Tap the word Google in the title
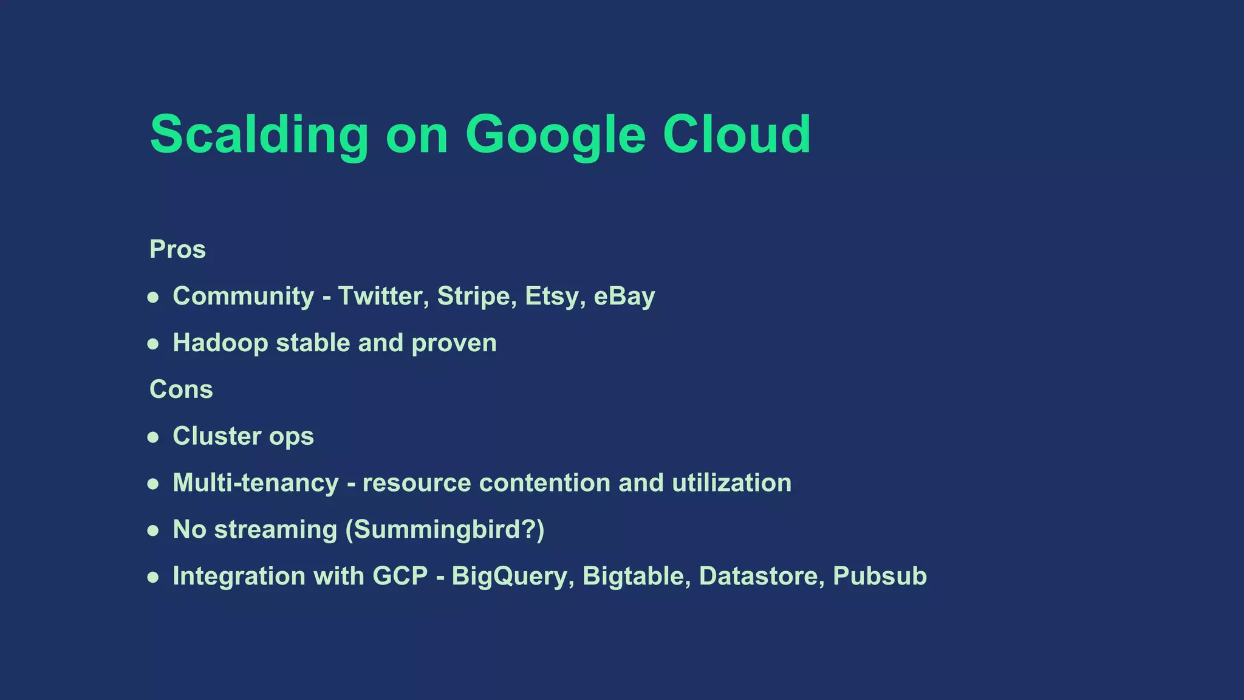click(x=555, y=135)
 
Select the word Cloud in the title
click(x=736, y=135)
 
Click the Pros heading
click(x=177, y=250)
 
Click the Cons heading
click(x=181, y=389)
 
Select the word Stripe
click(x=477, y=297)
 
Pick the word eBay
click(x=624, y=297)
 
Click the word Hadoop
click(x=220, y=343)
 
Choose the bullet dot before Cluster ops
click(x=153, y=437)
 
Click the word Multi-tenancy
click(x=256, y=483)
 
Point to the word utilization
click(x=731, y=483)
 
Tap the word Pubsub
click(x=880, y=577)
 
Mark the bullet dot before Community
click(x=153, y=297)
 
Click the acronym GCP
click(x=400, y=577)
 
